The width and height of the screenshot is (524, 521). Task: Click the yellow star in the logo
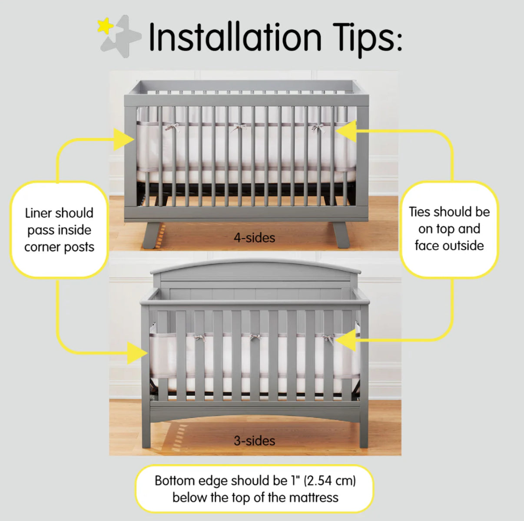[x=105, y=26]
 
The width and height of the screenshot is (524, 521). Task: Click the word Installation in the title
[x=235, y=37]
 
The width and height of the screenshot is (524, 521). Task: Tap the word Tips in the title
[x=367, y=40]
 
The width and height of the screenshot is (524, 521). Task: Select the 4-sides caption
[x=254, y=238]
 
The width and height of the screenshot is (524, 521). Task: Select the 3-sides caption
[x=254, y=441]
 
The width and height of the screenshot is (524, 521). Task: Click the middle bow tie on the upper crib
[x=239, y=128]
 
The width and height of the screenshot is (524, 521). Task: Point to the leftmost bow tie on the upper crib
[x=172, y=127]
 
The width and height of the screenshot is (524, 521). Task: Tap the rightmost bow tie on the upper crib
[x=318, y=128]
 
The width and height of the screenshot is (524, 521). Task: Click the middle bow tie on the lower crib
[x=255, y=337]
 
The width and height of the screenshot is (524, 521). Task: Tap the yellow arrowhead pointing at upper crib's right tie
[x=346, y=131]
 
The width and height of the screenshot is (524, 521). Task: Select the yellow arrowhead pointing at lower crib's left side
[x=138, y=353]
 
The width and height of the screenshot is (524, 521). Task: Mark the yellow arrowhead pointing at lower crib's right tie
[x=345, y=340]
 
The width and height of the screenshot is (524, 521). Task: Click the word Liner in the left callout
[x=36, y=213]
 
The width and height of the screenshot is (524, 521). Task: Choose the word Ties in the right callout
[x=420, y=212]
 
